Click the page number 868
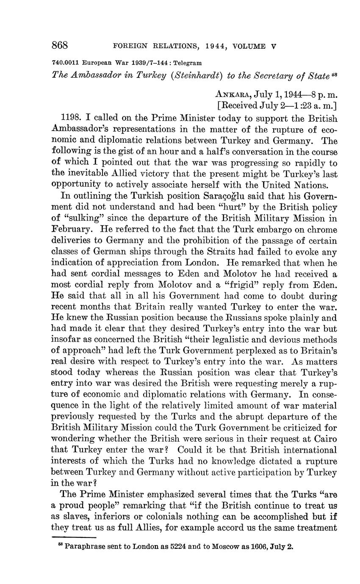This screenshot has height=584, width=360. click(x=60, y=45)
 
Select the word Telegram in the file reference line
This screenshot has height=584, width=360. click(x=187, y=62)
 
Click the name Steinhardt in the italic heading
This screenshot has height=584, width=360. click(x=198, y=75)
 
